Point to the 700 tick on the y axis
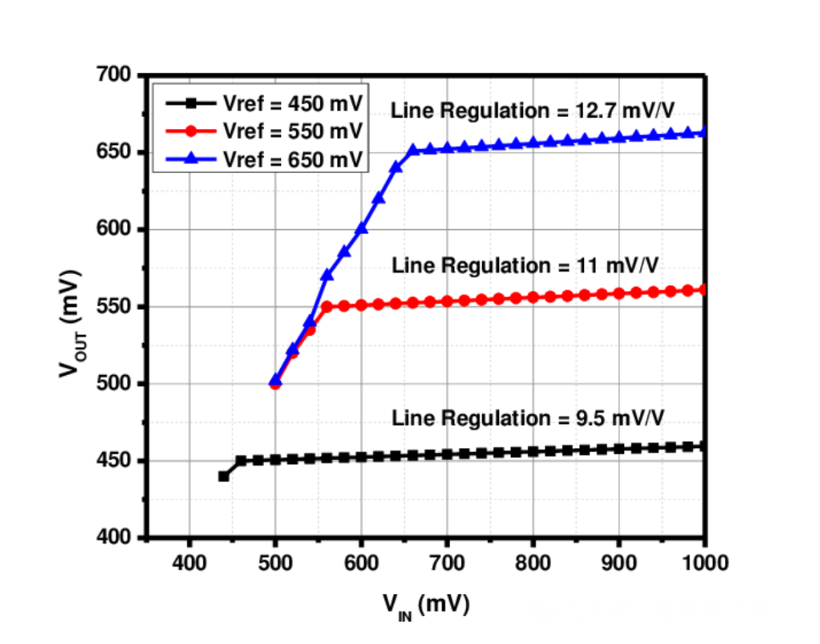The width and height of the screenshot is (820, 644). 114,74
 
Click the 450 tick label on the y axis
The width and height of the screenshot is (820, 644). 114,461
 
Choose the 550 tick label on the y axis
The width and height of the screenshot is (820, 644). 114,307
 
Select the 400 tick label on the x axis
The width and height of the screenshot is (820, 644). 189,563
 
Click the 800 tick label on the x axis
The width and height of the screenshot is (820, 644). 532,563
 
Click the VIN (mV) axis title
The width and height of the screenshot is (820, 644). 426,605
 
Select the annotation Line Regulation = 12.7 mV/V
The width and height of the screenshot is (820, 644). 532,111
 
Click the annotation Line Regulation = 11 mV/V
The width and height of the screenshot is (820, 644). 525,266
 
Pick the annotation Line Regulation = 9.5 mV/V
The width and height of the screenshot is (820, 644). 531,418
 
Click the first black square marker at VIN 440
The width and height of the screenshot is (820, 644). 223,476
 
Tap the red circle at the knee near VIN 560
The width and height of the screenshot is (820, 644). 326,307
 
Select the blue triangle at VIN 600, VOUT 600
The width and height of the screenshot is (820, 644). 361,228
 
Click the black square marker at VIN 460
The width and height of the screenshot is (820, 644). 241,460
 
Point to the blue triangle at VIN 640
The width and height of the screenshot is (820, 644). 396,167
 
